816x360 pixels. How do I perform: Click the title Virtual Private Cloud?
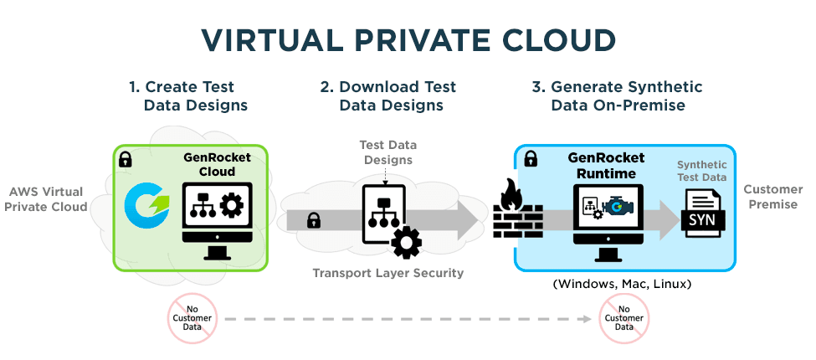408,40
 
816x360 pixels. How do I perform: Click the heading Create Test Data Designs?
187,95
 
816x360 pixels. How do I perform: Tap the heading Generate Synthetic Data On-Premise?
618,95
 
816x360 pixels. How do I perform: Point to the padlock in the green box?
126,158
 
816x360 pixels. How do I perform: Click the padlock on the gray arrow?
314,220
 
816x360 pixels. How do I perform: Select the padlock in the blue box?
531,158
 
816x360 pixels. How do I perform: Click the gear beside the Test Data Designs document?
406,241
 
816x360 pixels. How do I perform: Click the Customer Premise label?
771,196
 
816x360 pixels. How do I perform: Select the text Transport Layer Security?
387,273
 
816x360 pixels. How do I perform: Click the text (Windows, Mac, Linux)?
622,284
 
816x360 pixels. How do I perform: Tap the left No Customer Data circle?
192,318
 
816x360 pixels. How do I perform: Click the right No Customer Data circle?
624,318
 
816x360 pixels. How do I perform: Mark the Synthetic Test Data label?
703,172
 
